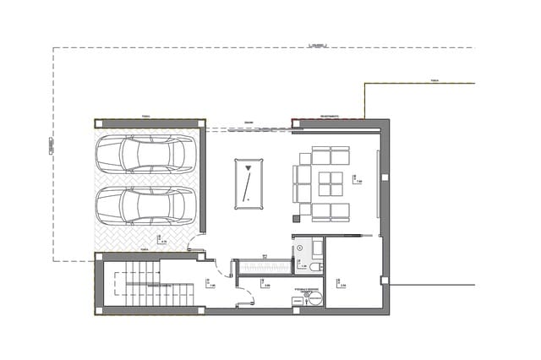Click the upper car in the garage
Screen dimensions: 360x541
tap(145, 154)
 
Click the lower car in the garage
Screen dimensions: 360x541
tap(145, 205)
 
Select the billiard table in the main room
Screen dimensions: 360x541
tap(247, 182)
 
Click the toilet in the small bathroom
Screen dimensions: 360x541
tap(315, 267)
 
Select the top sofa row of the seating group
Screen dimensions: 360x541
tap(331, 155)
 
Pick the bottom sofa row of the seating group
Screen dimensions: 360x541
tap(331, 211)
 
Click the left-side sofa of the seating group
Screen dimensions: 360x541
tap(301, 183)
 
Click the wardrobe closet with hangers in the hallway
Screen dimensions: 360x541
tap(265, 268)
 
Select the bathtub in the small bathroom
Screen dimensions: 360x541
tap(317, 248)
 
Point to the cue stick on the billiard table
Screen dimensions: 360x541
tap(247, 182)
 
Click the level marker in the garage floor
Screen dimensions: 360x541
tap(160, 238)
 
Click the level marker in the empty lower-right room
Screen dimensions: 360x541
tap(336, 281)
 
